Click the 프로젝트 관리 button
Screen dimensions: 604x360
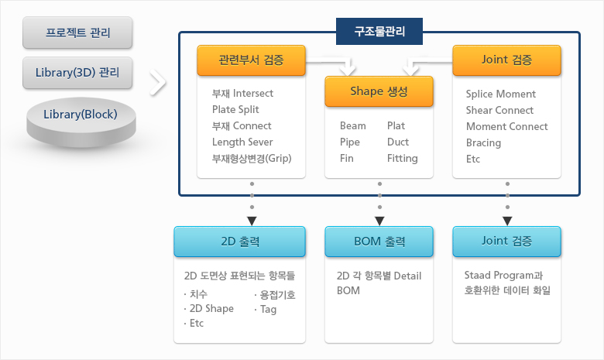[x=77, y=33]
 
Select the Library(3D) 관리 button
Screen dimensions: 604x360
[x=77, y=73]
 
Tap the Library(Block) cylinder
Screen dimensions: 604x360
[x=81, y=122]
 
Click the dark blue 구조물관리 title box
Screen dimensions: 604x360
[x=379, y=31]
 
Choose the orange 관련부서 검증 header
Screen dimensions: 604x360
[x=251, y=60]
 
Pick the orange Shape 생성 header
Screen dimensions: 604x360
[x=379, y=91]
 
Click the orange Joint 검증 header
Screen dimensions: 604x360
[x=506, y=60]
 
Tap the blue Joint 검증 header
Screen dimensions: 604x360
[x=506, y=242]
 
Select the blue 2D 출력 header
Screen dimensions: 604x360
[x=239, y=242]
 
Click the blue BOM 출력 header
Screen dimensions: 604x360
[x=379, y=242]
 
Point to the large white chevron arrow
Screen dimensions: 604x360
[x=158, y=82]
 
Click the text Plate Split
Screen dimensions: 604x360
[x=235, y=110]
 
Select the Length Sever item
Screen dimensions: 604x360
[x=242, y=142]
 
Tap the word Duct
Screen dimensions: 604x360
[x=398, y=142]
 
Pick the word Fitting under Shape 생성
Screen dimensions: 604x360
[x=403, y=158]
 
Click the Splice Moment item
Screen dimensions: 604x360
[x=501, y=94]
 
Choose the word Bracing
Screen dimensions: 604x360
[x=483, y=143]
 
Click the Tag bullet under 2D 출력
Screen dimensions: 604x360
[x=266, y=309]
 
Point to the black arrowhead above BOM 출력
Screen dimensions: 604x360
[x=379, y=221]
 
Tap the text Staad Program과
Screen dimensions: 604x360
[x=503, y=276]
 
